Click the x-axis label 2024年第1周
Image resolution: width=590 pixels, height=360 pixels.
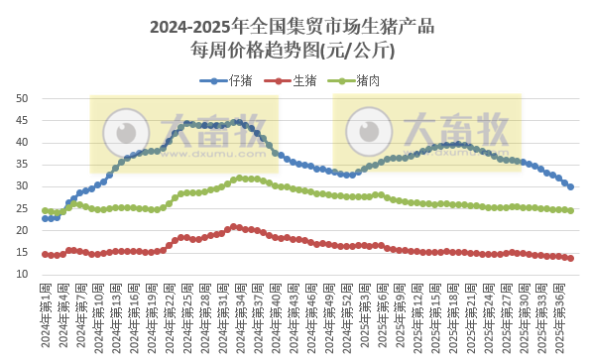coord(45,316)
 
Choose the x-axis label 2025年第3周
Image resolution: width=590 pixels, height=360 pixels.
coord(368,316)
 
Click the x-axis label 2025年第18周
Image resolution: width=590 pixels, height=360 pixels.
coord(457,316)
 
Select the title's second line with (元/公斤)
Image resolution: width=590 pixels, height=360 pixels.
coord(295,48)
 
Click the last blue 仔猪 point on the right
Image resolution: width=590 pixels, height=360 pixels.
coord(571,186)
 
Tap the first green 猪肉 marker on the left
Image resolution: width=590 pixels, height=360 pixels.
coord(45,210)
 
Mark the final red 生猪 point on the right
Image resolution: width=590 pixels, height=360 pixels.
coord(571,258)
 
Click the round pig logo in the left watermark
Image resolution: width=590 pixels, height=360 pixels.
coord(126,132)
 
